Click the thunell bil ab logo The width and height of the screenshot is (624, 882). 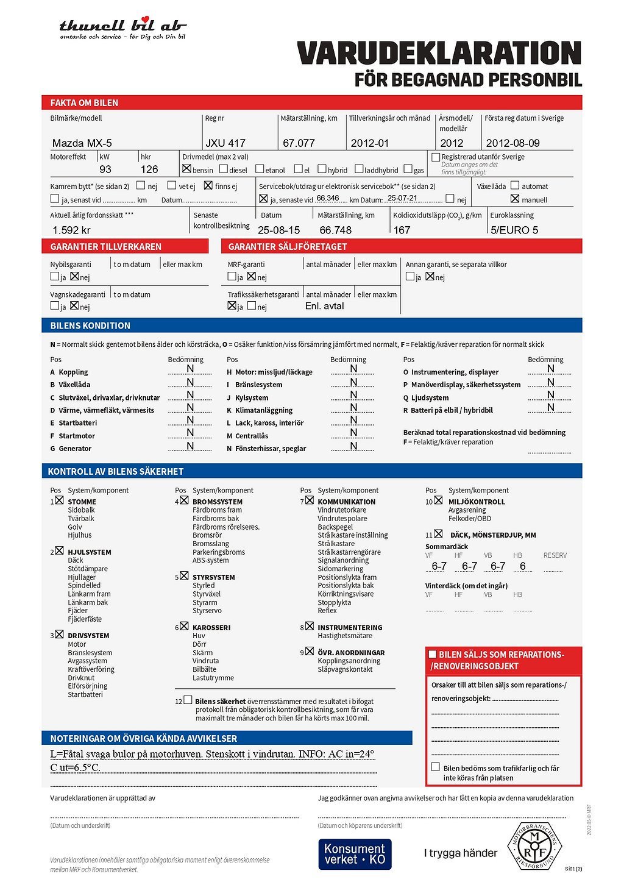tap(122, 28)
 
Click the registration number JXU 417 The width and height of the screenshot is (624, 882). tap(225, 143)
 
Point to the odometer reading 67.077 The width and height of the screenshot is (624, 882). tap(299, 143)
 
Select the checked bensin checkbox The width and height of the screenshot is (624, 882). tap(186, 169)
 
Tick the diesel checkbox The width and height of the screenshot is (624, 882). tap(224, 169)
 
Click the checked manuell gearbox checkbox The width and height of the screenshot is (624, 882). tap(515, 199)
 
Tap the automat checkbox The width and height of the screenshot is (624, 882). tap(515, 185)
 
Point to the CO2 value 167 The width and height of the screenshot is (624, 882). tap(402, 230)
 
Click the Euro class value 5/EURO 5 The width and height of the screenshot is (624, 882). tap(514, 230)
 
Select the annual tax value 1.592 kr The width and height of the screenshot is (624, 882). tap(71, 230)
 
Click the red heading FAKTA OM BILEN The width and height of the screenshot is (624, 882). tap(84, 103)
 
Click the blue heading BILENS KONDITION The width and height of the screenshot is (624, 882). tap(90, 325)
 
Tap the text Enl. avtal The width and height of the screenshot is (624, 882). tap(324, 306)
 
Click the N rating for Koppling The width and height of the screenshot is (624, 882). tap(190, 369)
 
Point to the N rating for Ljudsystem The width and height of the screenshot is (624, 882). tap(550, 395)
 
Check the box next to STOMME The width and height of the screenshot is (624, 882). tap(59, 500)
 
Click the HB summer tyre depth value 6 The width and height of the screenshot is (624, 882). tap(522, 566)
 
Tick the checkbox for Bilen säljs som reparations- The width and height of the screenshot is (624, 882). tap(433, 654)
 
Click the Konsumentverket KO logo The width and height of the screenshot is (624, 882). tap(355, 854)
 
